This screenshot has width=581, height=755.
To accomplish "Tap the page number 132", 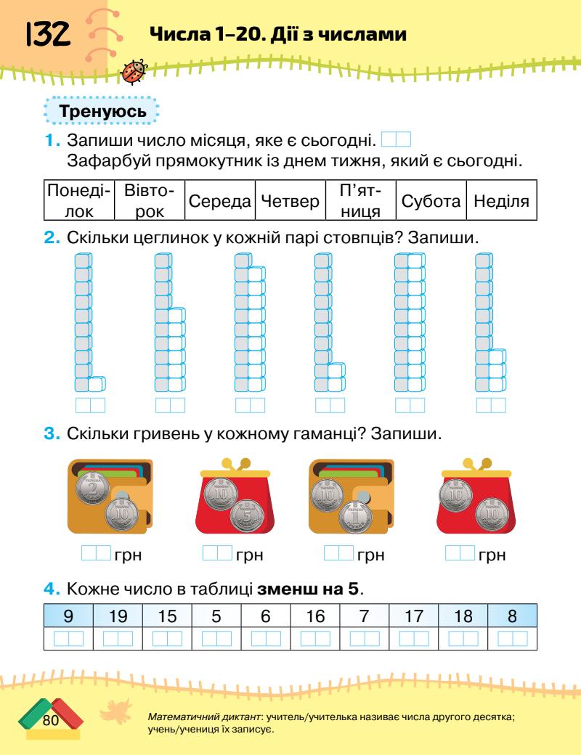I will click(48, 33).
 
